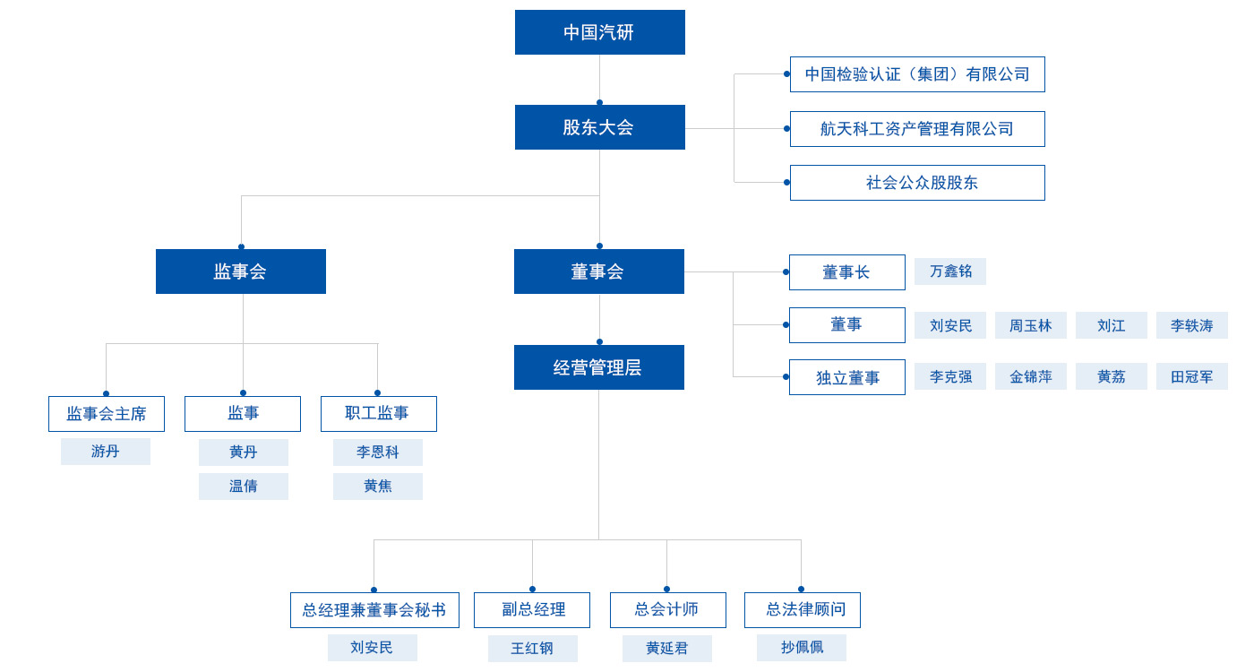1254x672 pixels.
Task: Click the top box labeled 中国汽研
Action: coord(599,32)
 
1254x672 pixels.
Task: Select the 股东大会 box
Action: coord(599,127)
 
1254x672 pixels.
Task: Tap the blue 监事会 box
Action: coord(240,271)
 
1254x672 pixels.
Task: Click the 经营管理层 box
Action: coord(598,367)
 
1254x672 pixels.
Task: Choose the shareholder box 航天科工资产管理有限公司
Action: coord(917,129)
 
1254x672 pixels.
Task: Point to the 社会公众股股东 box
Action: coord(917,183)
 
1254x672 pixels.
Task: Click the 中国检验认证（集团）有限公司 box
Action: coord(917,74)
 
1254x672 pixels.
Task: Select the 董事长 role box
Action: coord(846,272)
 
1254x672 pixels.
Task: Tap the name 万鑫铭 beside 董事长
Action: coord(949,271)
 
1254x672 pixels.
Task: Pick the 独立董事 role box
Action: coord(846,377)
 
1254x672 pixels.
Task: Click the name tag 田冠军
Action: coord(1191,376)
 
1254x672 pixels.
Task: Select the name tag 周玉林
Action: coord(1030,325)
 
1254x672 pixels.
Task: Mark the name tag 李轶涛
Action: coord(1191,325)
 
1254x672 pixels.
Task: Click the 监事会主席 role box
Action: coord(106,414)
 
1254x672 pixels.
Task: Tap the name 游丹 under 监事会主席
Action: coord(105,452)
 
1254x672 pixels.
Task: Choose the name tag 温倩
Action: coord(243,487)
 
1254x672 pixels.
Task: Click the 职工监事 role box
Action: coord(378,414)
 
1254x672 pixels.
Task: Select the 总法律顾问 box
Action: coord(802,610)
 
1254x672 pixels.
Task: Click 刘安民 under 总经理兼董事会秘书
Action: coord(372,648)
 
